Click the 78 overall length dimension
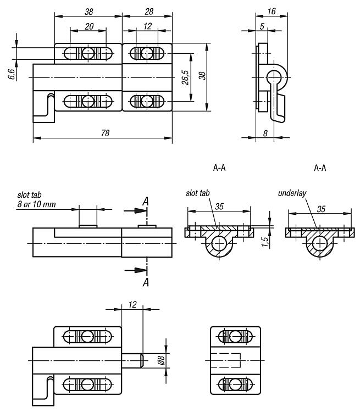[105, 133]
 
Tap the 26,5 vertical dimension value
[185, 77]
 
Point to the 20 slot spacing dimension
[89, 26]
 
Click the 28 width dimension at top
[149, 12]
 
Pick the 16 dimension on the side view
[272, 11]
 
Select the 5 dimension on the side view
[262, 26]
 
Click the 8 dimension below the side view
[265, 133]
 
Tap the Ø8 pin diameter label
[161, 360]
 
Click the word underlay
[292, 193]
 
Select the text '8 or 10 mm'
[37, 204]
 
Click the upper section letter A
[146, 202]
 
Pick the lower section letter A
[146, 283]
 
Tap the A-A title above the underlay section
[320, 168]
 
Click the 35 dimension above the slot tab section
[219, 207]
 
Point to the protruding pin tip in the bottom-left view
[141, 360]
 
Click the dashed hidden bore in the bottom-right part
[226, 360]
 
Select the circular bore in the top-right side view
[274, 77]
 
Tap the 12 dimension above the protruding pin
[132, 304]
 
